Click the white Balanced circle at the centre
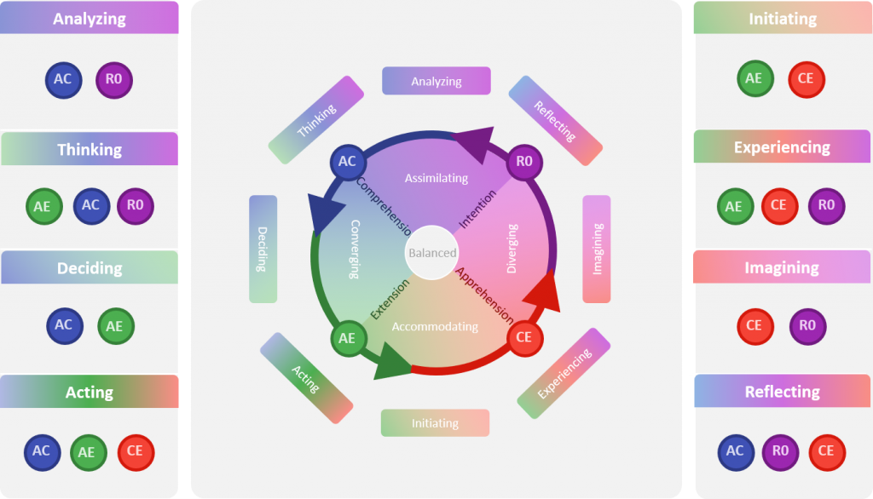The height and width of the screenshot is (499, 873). click(x=432, y=253)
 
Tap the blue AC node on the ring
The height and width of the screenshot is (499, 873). click(x=347, y=161)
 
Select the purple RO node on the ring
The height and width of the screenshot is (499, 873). click(x=524, y=161)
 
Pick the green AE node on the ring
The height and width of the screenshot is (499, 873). click(x=347, y=338)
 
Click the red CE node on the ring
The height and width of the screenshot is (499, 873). click(x=524, y=338)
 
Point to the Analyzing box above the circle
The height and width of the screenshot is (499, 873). click(x=436, y=81)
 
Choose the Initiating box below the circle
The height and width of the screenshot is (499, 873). click(x=435, y=423)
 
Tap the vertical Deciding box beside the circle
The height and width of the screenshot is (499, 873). click(x=263, y=249)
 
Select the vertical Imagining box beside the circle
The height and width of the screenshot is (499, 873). click(x=597, y=249)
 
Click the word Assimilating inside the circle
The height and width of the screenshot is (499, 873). click(x=436, y=179)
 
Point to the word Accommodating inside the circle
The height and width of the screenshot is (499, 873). click(x=435, y=326)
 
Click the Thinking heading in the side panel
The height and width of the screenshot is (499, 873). click(x=90, y=149)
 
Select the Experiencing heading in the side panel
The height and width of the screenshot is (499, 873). click(x=782, y=147)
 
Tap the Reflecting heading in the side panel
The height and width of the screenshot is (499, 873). click(x=782, y=392)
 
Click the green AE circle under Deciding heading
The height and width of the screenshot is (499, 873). click(x=115, y=325)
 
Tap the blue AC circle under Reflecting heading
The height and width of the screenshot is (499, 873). click(x=735, y=452)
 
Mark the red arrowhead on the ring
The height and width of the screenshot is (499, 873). click(x=545, y=292)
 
